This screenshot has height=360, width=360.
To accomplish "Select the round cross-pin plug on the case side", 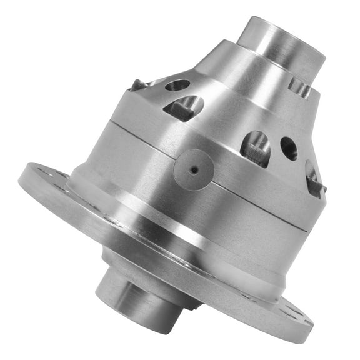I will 194,169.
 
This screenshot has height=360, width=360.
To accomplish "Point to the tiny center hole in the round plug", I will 194,169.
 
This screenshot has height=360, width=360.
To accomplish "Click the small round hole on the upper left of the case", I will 177,85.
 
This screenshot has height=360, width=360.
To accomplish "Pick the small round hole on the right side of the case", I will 289,147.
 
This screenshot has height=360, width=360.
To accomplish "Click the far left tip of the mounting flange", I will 21,178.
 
